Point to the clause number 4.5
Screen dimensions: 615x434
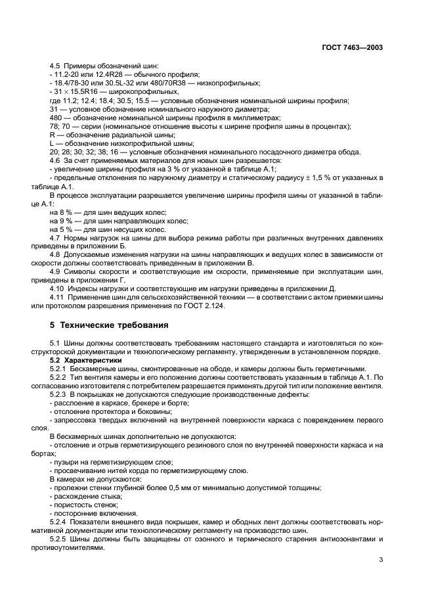click(56, 66)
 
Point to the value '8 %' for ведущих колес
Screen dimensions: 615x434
click(65, 212)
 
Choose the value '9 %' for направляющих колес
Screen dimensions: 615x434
click(65, 221)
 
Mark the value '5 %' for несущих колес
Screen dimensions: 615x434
click(65, 229)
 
